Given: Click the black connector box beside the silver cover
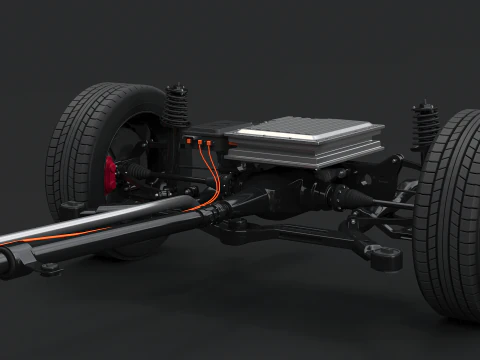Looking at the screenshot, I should click(205, 140).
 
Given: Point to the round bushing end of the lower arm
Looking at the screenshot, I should click(384, 257).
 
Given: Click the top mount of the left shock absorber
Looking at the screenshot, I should click(177, 89).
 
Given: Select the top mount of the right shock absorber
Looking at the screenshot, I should click(426, 104).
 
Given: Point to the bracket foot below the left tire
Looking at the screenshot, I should click(72, 208).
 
